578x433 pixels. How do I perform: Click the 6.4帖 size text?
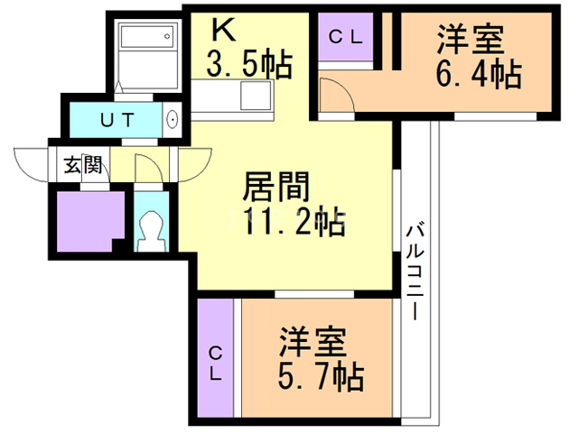click(479, 74)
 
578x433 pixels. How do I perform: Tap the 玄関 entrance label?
click(81, 165)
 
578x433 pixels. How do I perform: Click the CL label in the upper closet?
click(345, 37)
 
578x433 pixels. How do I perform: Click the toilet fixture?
click(150, 230)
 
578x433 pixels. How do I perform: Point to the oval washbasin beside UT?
click(172, 118)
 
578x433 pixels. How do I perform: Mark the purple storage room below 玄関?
click(89, 220)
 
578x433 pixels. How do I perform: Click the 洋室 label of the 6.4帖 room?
click(471, 41)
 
